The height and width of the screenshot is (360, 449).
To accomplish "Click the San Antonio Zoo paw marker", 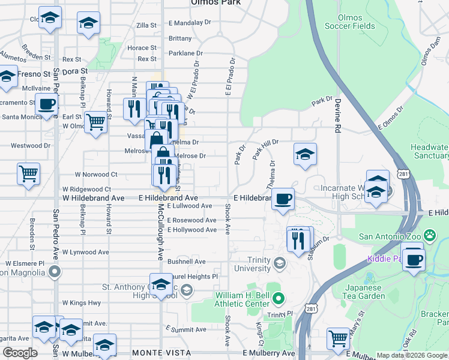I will coord(430,235).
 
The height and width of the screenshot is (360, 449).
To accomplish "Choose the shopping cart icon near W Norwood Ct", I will coord(29,173).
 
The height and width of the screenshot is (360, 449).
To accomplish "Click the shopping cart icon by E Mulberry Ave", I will coord(339,339).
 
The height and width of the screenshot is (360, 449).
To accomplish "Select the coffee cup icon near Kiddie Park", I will coord(412,260).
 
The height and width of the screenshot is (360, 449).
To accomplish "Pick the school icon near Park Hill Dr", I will coord(305,154).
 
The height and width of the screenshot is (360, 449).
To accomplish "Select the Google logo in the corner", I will coord(20,352).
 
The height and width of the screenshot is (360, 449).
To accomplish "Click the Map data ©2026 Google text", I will coord(412,356).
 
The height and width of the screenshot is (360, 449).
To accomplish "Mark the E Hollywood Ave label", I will coord(191,230).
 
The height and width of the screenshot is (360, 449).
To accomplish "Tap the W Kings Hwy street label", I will coord(81,303).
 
